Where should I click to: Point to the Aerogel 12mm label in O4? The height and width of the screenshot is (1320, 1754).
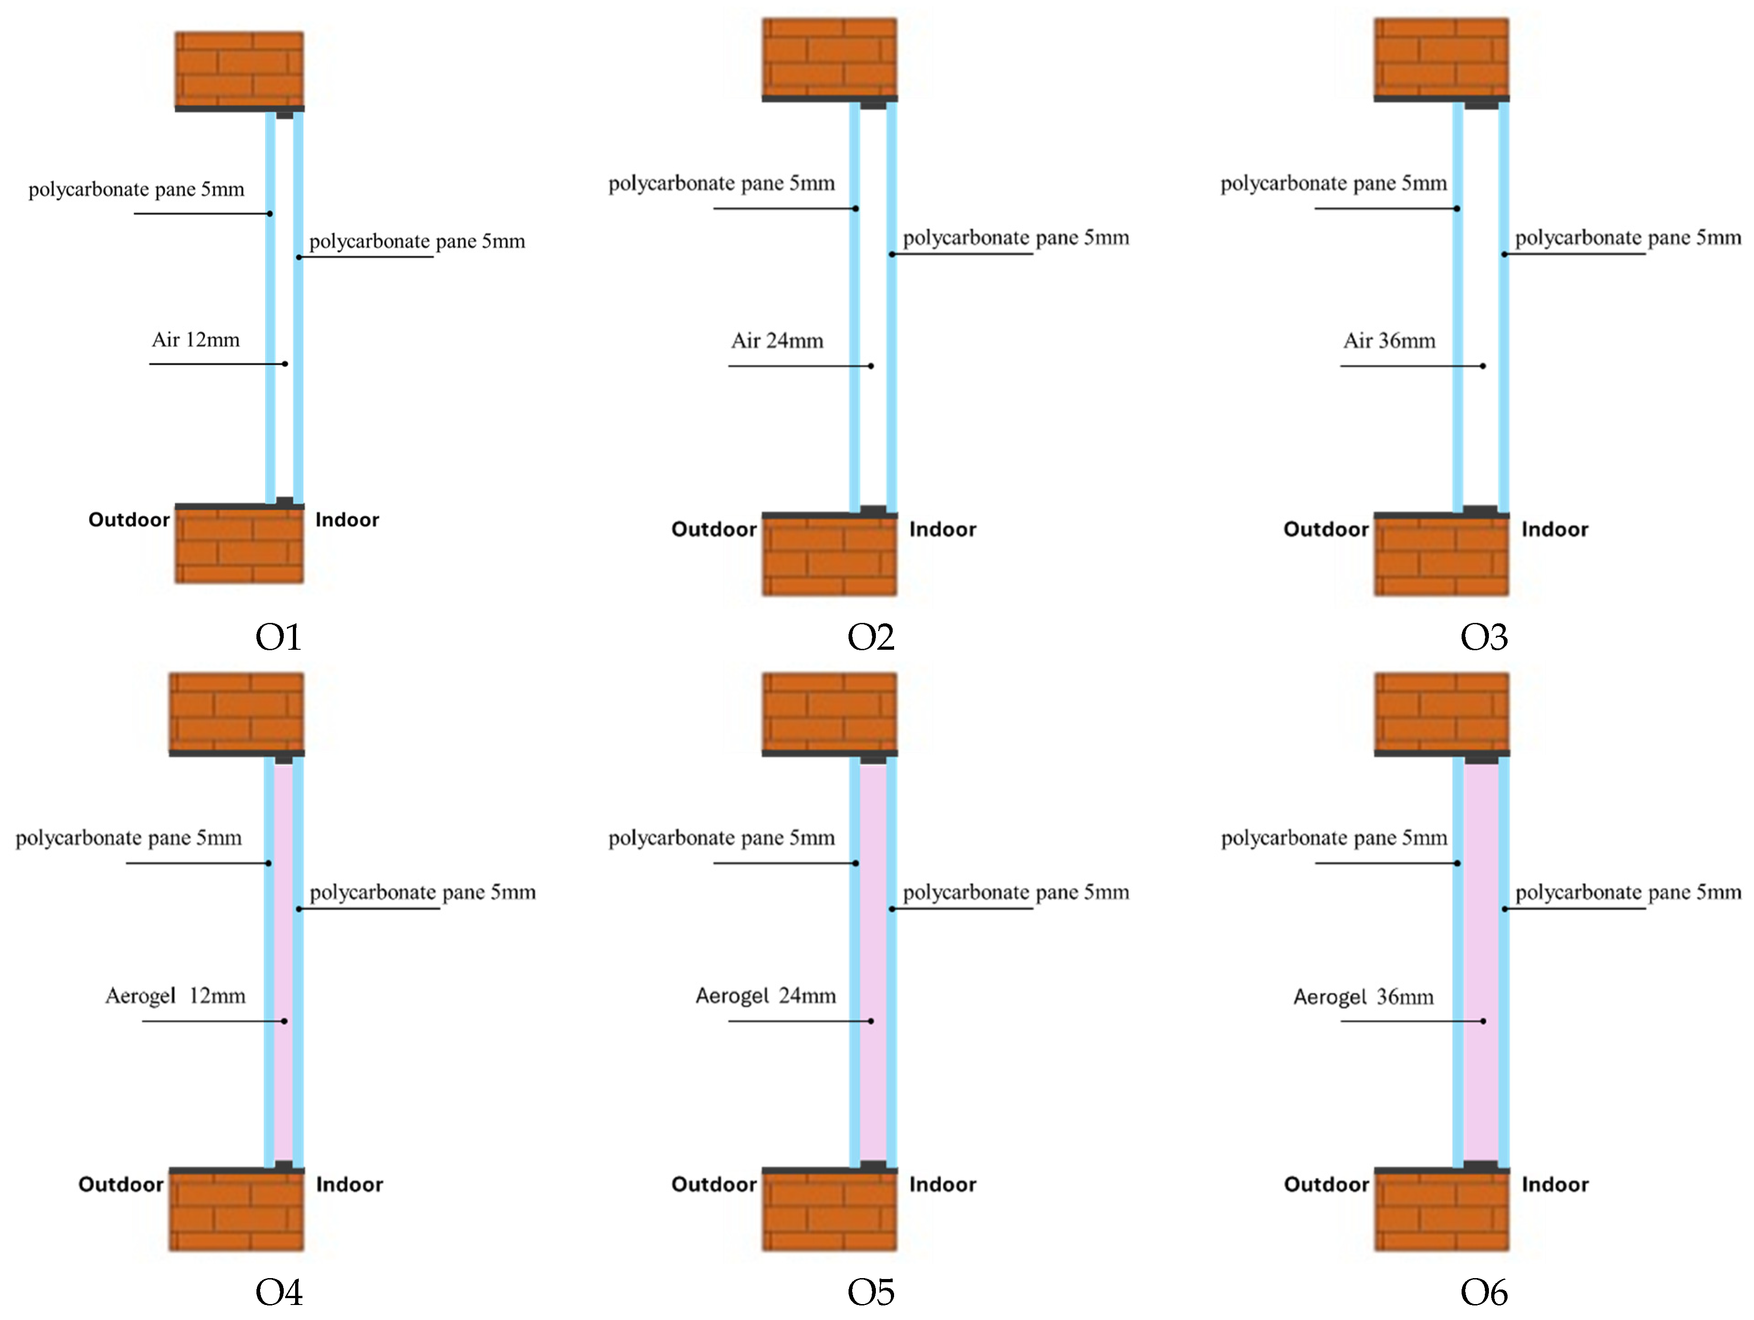click(175, 996)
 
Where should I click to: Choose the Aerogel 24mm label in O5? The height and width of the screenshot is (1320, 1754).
click(765, 996)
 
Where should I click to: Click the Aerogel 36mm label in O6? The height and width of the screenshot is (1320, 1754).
click(1363, 997)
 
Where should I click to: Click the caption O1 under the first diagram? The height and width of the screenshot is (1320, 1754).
click(278, 637)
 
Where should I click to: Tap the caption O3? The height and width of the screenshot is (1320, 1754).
click(1483, 637)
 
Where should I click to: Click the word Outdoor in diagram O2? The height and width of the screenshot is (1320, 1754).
click(714, 530)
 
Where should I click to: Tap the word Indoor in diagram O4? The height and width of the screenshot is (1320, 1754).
click(349, 1184)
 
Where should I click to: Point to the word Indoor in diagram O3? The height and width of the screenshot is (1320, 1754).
click(1554, 530)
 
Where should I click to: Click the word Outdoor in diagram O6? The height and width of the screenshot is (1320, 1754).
click(1326, 1184)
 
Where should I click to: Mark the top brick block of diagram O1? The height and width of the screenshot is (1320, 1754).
click(239, 68)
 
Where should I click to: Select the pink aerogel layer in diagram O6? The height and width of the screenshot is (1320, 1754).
click(1480, 959)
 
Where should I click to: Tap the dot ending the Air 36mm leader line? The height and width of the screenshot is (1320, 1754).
click(1483, 366)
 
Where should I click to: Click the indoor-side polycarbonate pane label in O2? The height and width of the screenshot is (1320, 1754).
click(1016, 238)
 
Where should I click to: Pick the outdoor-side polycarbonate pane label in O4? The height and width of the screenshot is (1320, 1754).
click(128, 838)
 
